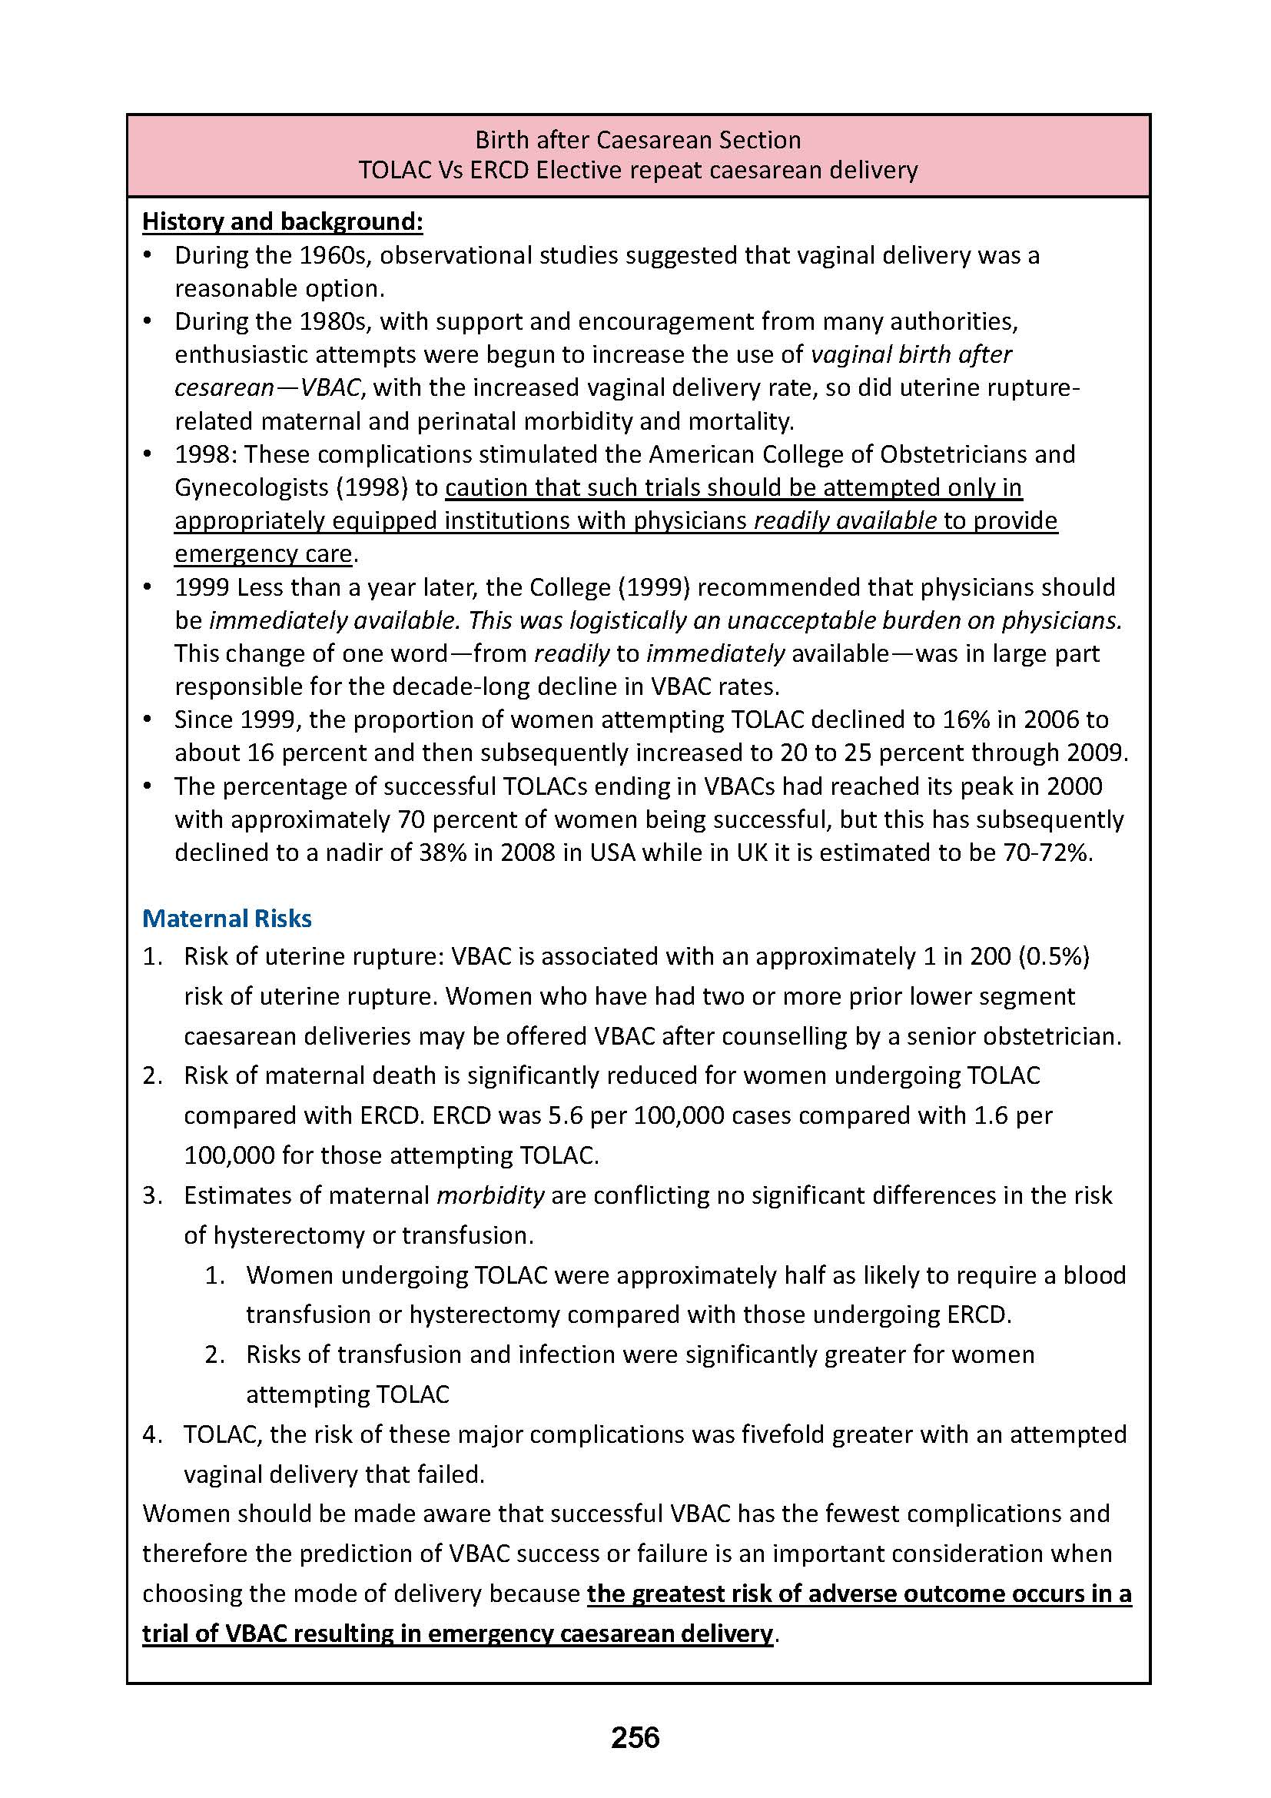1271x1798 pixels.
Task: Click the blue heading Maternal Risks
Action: tap(227, 918)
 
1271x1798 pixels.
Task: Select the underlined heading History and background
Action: tap(283, 221)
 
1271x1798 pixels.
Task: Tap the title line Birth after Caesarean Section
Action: tap(638, 140)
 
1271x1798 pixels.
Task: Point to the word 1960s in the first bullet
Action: tap(339, 255)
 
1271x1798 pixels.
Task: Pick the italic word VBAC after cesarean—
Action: tap(331, 387)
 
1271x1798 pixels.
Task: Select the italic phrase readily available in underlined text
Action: tap(845, 520)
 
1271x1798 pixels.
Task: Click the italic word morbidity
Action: tap(490, 1195)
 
